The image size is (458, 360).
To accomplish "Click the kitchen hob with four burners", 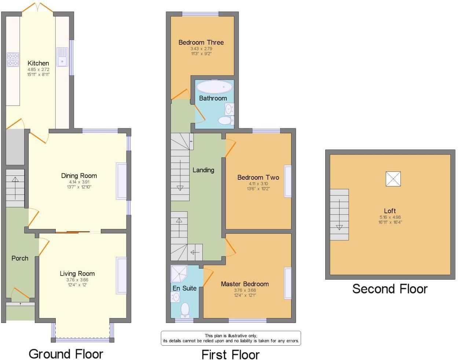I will click(13, 60).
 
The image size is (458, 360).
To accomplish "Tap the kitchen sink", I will click(62, 57).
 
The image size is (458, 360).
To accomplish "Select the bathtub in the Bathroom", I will click(214, 87).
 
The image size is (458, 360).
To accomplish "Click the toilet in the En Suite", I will click(185, 310).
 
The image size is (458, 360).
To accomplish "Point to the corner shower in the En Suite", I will click(179, 273).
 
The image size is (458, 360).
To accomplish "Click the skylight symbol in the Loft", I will click(393, 179).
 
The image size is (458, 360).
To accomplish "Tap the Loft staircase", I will click(339, 215).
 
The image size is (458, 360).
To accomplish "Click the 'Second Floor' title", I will click(390, 289).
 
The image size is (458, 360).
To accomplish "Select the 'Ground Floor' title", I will click(66, 354).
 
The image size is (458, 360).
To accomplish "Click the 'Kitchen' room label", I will click(38, 63).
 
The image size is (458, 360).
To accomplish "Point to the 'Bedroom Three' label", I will click(201, 42).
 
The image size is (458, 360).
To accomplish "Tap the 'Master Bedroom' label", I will click(245, 284).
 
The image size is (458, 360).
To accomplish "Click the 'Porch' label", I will click(20, 258).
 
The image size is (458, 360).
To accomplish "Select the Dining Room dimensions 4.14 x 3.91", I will click(79, 182).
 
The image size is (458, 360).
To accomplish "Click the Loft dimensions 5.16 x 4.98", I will click(390, 217).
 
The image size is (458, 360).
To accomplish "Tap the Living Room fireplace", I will click(121, 276).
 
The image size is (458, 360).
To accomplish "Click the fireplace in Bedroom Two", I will click(288, 182).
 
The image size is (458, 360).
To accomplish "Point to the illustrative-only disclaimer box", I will click(231, 338).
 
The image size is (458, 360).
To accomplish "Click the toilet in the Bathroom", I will click(225, 120).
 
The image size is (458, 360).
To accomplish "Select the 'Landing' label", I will click(203, 170).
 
